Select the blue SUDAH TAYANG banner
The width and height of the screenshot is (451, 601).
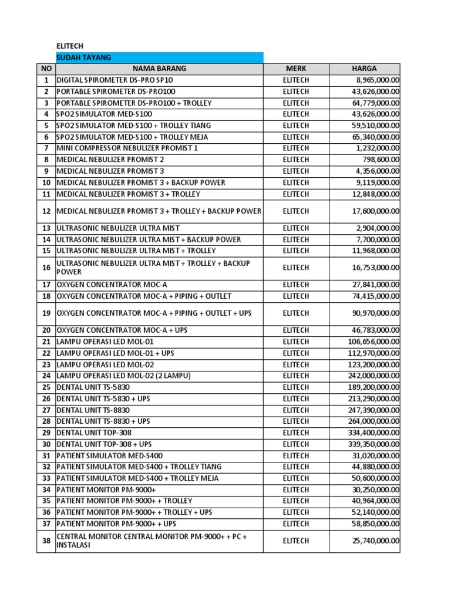[159, 57]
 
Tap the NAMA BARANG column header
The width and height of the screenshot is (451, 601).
[159, 69]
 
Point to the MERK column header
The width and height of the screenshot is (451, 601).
[295, 69]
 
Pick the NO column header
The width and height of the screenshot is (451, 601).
[46, 69]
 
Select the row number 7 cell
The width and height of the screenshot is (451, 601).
[46, 148]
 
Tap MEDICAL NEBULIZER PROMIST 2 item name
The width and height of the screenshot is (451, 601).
[110, 160]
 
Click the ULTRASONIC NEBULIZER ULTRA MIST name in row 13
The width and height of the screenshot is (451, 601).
[118, 228]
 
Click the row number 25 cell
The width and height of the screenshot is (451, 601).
[46, 387]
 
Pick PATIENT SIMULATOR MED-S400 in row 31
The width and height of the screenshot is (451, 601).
[110, 455]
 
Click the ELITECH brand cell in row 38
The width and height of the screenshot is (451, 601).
[295, 541]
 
